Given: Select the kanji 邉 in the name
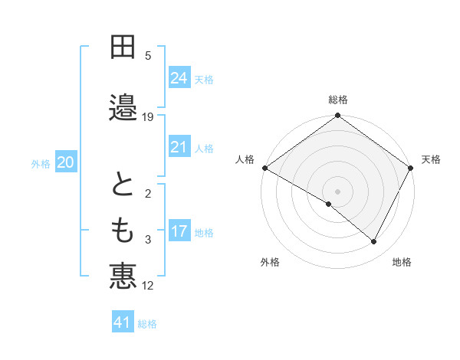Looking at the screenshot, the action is coord(123,106).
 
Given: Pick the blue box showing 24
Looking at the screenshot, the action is coord(179,78).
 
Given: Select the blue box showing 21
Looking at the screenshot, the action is coord(179,147).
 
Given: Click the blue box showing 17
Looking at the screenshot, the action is coord(179,231).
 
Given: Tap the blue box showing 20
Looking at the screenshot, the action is coord(66,162).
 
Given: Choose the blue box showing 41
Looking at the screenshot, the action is coord(123,322).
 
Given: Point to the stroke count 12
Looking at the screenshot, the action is coord(148,286).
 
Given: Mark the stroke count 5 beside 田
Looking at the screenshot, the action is coord(148,55).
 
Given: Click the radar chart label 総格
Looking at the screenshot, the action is coord(338,100).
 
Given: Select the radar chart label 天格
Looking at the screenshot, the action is coord(431,159).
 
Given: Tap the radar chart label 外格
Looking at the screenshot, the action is coord(270,262).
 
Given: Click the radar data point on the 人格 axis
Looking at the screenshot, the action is coord(264,168).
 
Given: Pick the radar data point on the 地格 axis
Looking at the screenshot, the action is coord(374,242).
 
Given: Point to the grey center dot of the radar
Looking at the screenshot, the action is coord(337,191).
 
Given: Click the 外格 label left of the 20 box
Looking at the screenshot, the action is coord(41,163).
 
